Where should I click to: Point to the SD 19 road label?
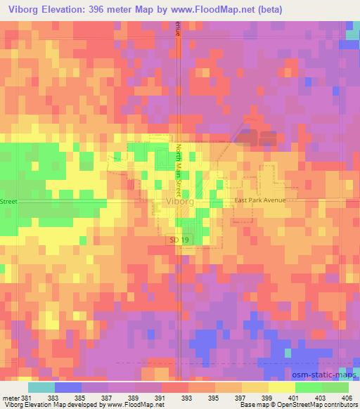click(179, 240)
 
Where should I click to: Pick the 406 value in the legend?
click(350, 398)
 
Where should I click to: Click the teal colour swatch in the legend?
click(41, 387)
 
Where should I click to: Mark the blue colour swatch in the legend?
click(67, 387)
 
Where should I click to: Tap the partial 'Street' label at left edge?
click(8, 201)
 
